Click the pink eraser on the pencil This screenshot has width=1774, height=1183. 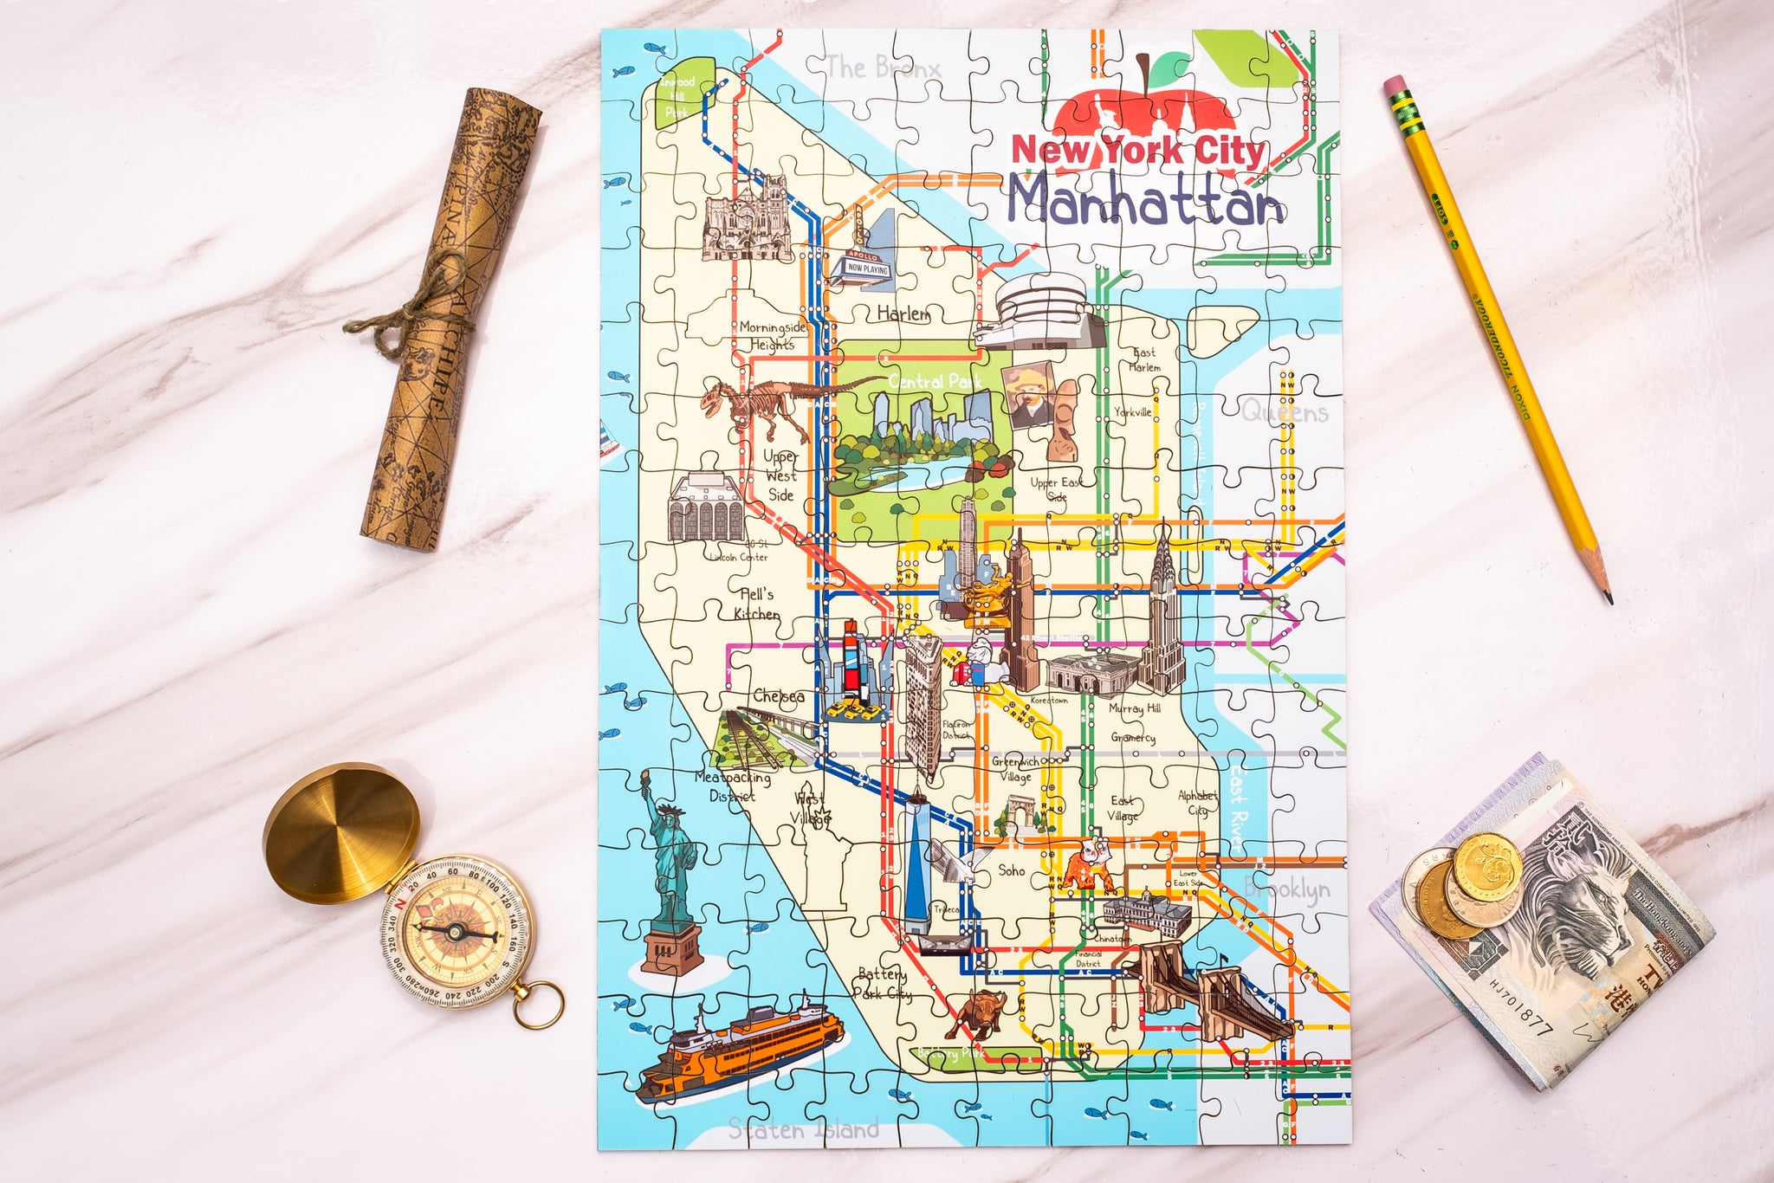coord(1394,87)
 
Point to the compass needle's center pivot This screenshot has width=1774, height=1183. coord(455,932)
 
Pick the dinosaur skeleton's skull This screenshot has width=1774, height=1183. coord(715,398)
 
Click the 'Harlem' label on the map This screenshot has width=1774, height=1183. coord(903,313)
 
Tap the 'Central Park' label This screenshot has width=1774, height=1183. coord(935,381)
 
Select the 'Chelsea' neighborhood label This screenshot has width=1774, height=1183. coord(778,696)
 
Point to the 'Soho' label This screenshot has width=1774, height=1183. coord(1011,870)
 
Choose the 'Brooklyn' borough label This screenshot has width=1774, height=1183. coord(1287,889)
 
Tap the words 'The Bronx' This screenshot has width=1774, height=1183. coord(882,68)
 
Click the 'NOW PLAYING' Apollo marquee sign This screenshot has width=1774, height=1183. coord(867,268)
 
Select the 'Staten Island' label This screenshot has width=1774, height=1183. coord(803,1129)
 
